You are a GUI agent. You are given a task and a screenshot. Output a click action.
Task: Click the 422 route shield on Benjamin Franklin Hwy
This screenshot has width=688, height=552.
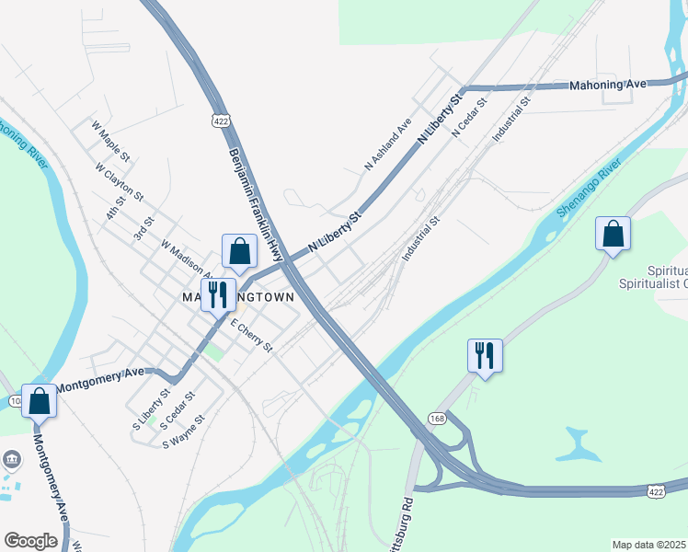[220, 121]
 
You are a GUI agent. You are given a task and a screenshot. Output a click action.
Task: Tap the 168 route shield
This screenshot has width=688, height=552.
[436, 419]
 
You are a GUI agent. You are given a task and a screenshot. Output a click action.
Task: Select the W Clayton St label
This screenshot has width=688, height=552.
[120, 181]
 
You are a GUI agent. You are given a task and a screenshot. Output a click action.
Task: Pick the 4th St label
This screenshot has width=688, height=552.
[115, 208]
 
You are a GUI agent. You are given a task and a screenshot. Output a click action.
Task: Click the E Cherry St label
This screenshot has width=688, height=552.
[251, 335]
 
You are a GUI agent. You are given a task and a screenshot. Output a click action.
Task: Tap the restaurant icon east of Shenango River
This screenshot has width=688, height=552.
[485, 354]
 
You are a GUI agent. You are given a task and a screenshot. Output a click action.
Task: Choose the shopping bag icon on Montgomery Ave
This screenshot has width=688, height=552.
[39, 401]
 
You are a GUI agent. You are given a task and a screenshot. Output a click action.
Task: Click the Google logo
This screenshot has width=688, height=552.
[30, 541]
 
